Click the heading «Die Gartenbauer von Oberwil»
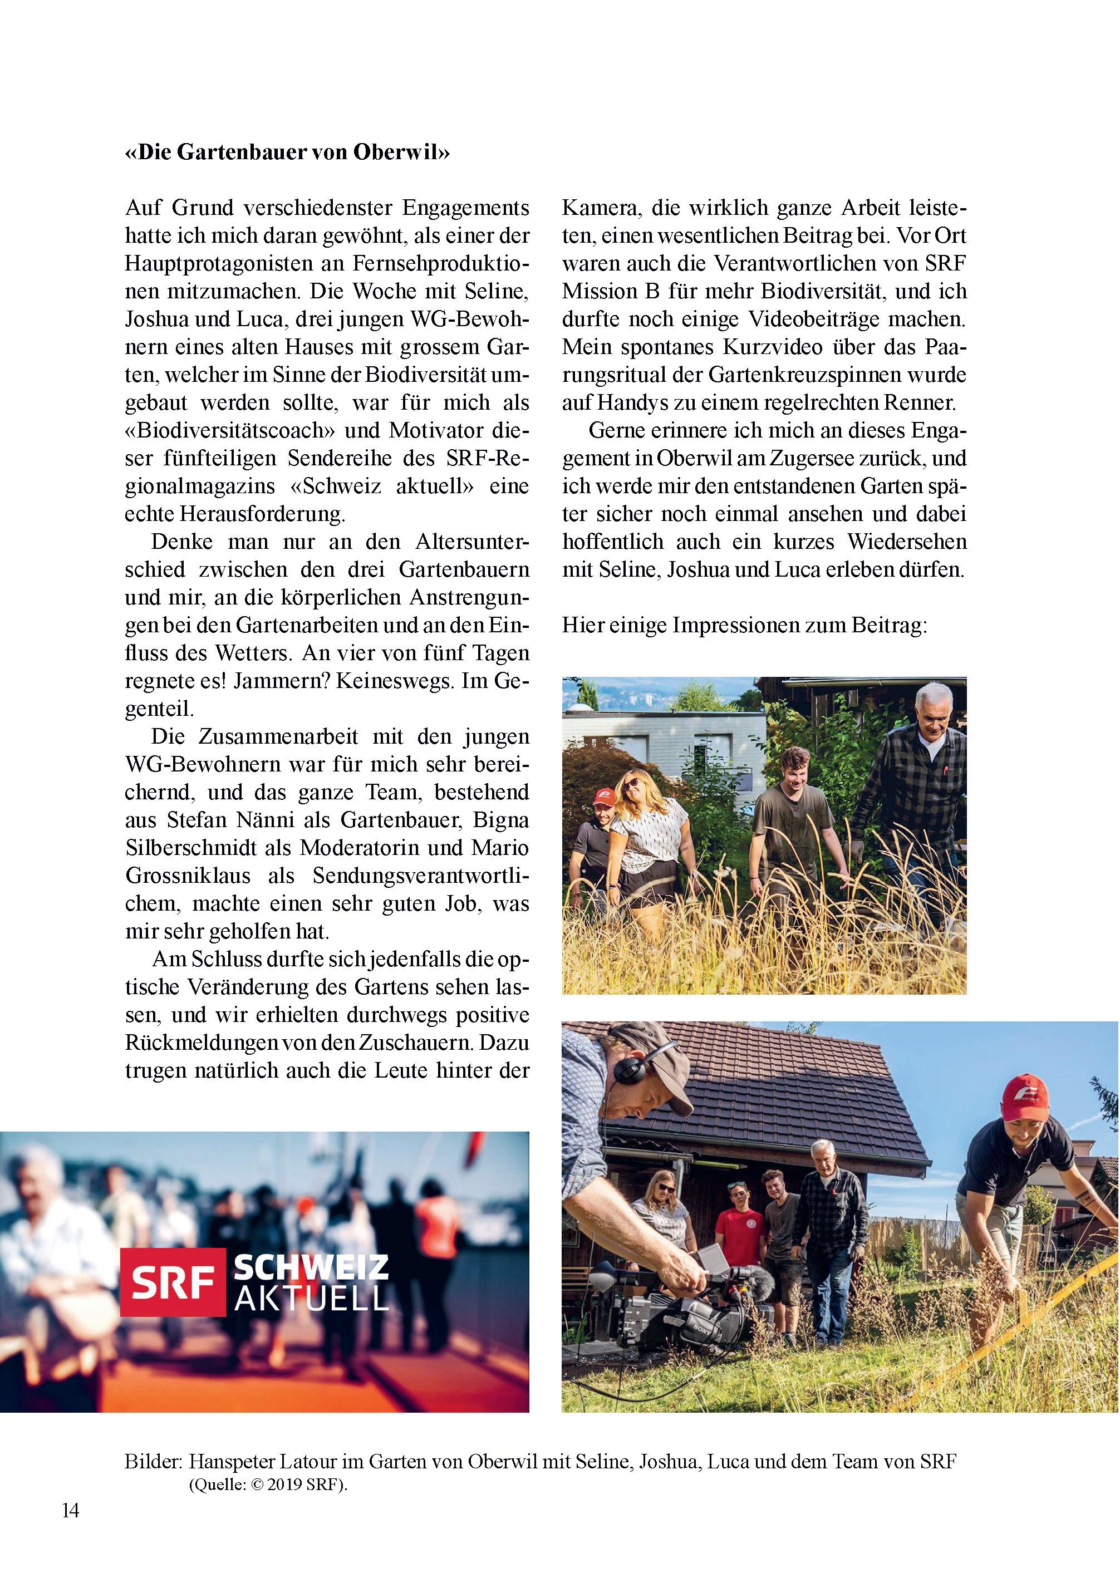click(287, 153)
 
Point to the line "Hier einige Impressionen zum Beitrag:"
click(744, 626)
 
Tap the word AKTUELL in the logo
click(311, 1299)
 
